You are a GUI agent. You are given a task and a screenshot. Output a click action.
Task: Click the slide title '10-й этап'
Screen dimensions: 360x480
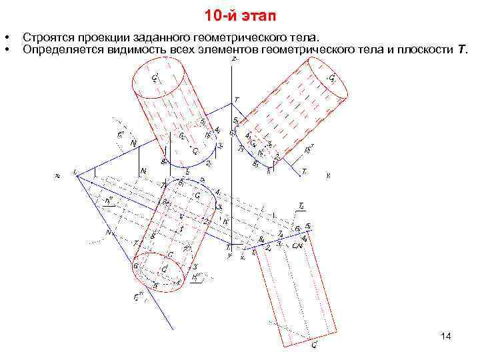point(240,15)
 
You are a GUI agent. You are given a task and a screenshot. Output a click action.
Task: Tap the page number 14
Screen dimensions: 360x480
point(446,337)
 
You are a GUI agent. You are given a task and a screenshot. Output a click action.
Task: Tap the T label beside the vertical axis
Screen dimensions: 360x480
point(236,101)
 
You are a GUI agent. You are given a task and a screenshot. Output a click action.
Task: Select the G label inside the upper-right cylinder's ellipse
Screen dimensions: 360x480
point(331,78)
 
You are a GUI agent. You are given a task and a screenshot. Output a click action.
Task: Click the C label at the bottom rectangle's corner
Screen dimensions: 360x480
point(314,345)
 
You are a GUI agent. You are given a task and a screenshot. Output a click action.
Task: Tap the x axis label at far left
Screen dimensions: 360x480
point(57,176)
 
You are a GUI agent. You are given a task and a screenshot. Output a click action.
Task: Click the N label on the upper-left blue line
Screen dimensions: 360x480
point(133,143)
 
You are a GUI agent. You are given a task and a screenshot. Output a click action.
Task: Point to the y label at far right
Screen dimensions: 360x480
point(328,176)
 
